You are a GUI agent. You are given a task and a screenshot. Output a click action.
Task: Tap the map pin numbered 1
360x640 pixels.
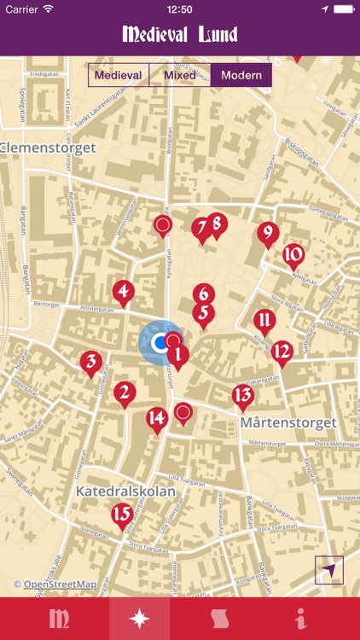177,354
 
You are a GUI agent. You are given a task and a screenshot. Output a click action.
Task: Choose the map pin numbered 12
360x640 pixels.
282,351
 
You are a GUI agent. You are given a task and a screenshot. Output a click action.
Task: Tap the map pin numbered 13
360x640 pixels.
243,395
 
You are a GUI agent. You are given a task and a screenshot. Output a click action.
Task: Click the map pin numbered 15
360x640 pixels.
122,515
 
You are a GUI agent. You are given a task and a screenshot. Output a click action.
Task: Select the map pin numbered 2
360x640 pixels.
125,393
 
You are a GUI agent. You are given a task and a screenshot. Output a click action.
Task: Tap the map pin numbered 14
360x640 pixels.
156,418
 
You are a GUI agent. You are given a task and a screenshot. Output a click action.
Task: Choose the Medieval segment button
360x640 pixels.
119,75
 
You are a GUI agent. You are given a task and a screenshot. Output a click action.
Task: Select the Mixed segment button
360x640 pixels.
180,75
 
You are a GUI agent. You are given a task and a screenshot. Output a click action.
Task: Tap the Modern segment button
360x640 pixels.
241,75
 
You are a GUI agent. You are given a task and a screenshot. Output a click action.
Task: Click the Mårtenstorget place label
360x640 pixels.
288,422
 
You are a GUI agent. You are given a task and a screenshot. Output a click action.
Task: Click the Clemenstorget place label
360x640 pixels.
48,148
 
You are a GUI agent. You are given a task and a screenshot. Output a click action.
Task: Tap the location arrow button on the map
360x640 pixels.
328,569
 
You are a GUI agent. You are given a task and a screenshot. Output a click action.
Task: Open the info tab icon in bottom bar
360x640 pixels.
300,619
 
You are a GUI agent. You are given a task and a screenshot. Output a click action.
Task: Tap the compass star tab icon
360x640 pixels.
140,619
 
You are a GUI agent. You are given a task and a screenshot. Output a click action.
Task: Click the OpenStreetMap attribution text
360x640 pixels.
55,585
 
